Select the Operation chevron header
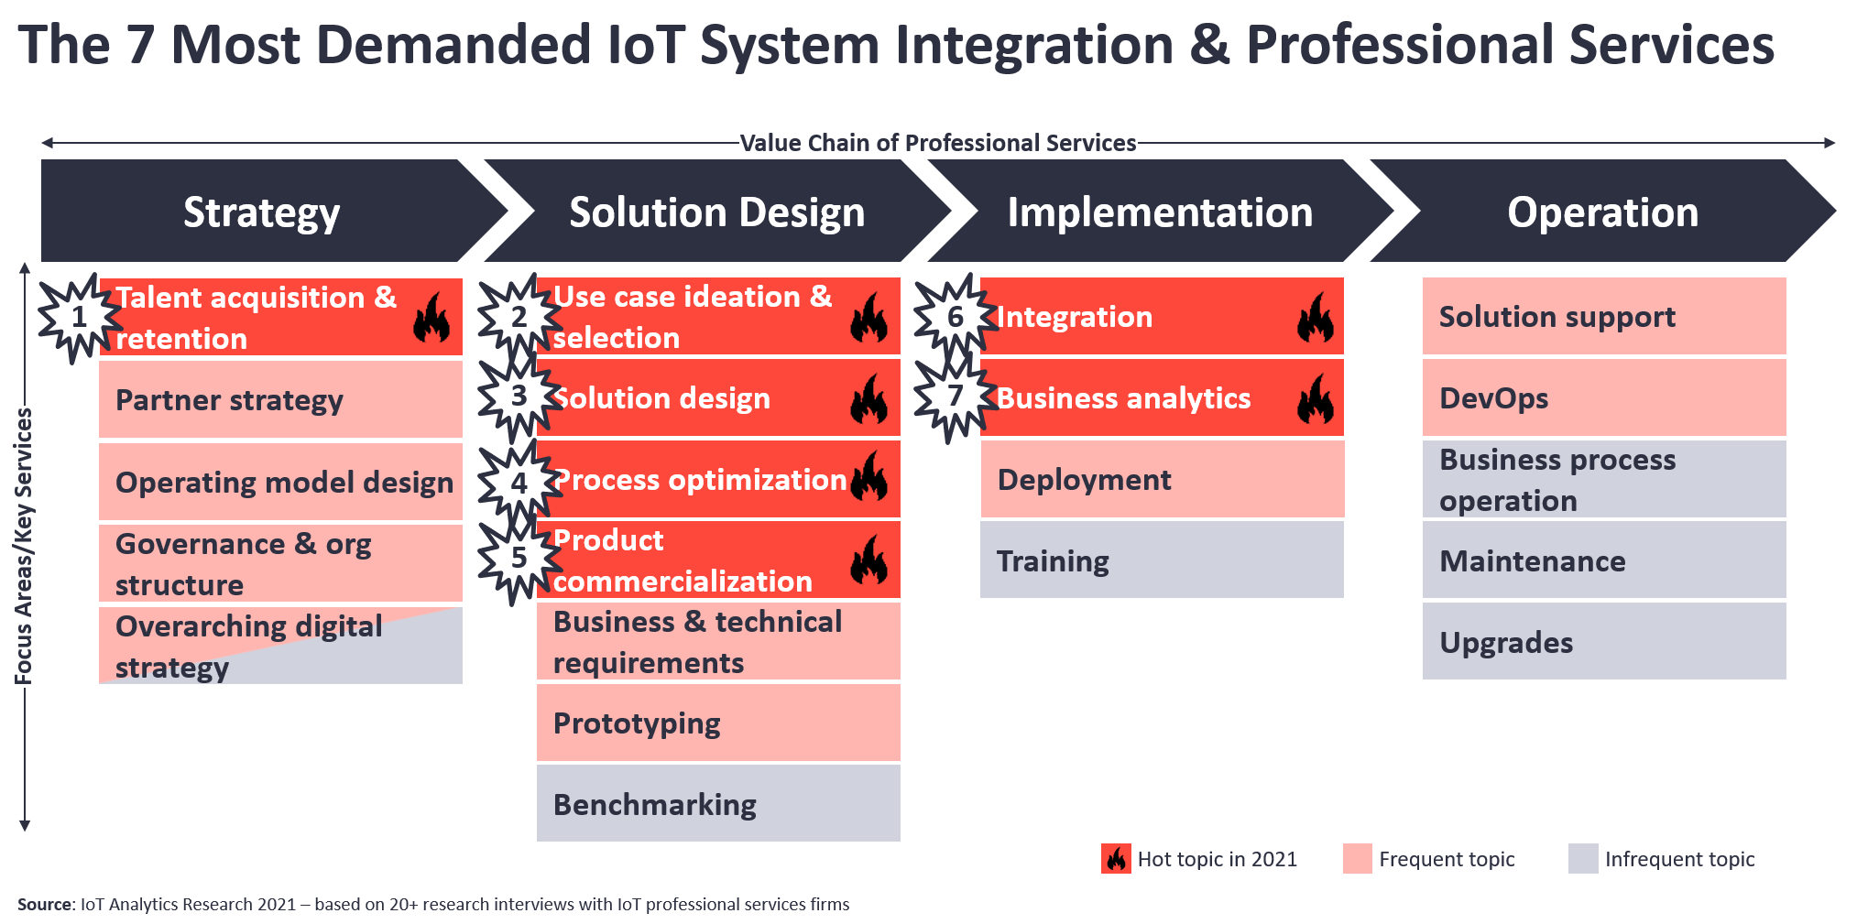pos(1603,211)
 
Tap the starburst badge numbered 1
pos(80,318)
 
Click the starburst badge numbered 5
pos(519,558)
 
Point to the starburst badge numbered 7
pos(956,396)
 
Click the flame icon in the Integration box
pos(1316,317)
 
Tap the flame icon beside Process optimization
pos(869,476)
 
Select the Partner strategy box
pos(280,399)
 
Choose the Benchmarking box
pos(718,803)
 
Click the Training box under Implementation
pos(1162,560)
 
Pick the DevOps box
pos(1604,397)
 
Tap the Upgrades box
pos(1604,641)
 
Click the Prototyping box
pos(718,723)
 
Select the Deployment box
pos(1162,479)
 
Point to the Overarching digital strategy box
pos(280,646)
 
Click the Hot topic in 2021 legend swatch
pos(1116,859)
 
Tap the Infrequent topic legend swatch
pos(1583,859)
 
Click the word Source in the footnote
pos(44,905)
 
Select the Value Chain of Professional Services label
pos(938,143)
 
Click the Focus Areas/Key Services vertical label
pos(24,547)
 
